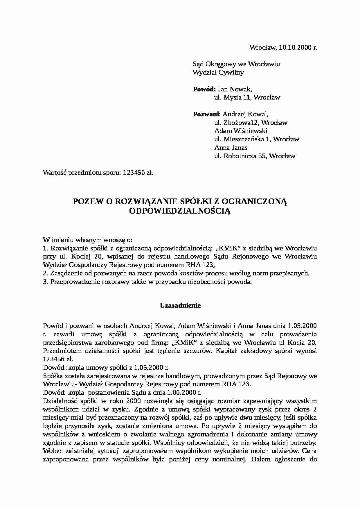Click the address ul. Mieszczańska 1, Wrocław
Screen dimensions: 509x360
257,139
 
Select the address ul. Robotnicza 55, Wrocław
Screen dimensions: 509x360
255,156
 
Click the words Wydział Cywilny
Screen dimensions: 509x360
218,73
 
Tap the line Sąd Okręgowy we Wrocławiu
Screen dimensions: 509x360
236,64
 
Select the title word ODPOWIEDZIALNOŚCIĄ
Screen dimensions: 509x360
180,211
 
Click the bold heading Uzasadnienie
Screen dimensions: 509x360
180,306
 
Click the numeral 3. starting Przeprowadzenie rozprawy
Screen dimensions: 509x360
45,282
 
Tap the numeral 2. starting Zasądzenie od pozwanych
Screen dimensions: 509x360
45,274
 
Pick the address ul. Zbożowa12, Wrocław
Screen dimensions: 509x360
251,123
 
